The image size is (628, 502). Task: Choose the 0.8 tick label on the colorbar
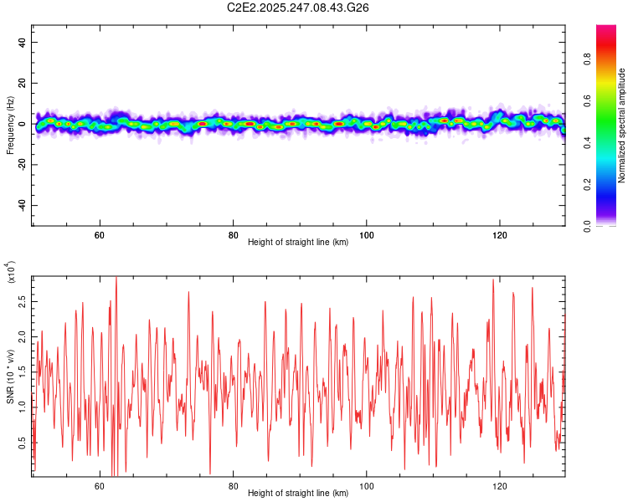click(x=610, y=60)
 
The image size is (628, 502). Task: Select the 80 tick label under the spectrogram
click(x=234, y=234)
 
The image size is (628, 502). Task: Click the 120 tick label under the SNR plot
click(x=500, y=485)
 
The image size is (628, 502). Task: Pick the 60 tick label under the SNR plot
click(x=100, y=485)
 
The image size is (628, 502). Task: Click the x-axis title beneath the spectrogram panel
click(x=298, y=243)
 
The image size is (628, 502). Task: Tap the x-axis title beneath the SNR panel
click(x=298, y=494)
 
